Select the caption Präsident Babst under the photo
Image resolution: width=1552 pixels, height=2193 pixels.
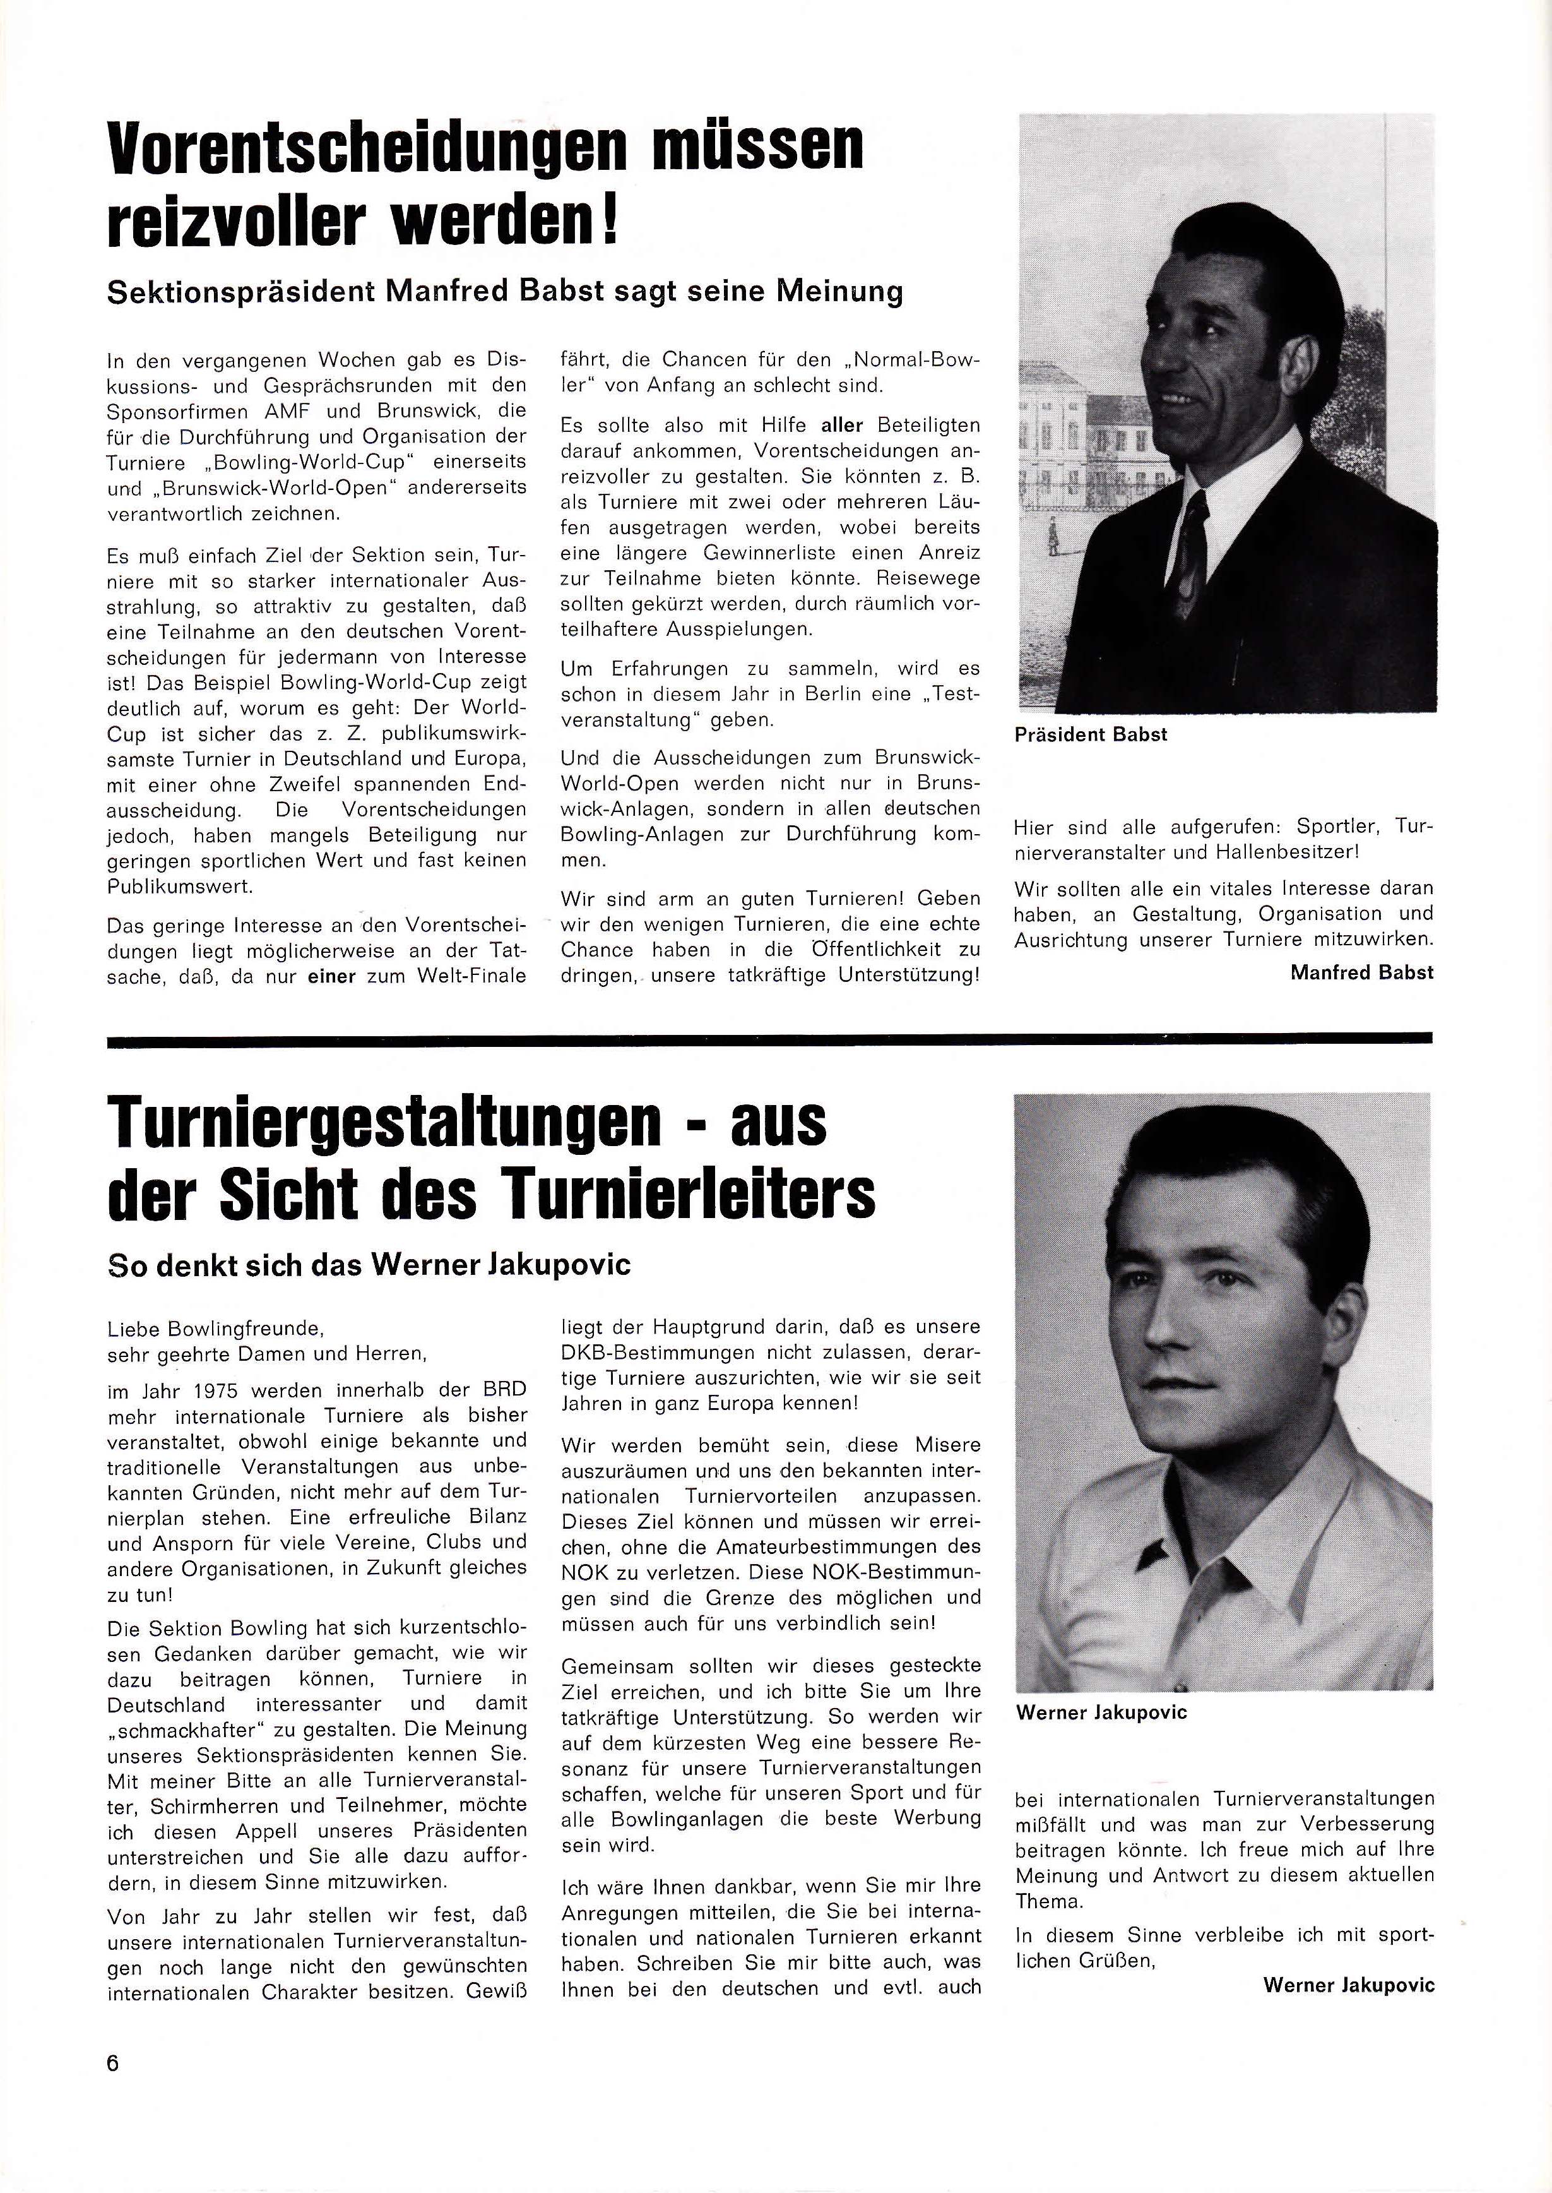[1091, 734]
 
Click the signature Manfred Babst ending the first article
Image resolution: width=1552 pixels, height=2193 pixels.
[1361, 972]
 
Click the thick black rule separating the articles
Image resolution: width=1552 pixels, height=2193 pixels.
[769, 1038]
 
